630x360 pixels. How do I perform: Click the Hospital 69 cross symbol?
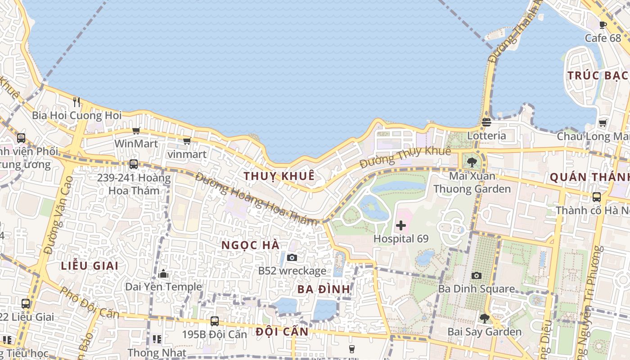pyautogui.click(x=400, y=225)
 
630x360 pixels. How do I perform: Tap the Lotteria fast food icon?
pyautogui.click(x=486, y=122)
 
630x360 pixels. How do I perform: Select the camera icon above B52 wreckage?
pyautogui.click(x=292, y=257)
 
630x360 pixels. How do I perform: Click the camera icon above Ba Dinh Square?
pyautogui.click(x=476, y=275)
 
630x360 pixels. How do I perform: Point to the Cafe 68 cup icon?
pyautogui.click(x=603, y=25)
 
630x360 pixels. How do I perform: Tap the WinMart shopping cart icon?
pyautogui.click(x=136, y=130)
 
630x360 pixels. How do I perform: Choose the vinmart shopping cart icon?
pyautogui.click(x=187, y=141)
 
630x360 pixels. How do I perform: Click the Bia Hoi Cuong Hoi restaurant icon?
pyautogui.click(x=76, y=102)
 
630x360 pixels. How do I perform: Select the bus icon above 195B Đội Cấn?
pyautogui.click(x=215, y=321)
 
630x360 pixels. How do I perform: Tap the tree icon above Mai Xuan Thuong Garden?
pyautogui.click(x=472, y=162)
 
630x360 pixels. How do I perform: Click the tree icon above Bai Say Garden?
pyautogui.click(x=484, y=319)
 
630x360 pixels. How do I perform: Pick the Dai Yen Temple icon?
pyautogui.click(x=163, y=274)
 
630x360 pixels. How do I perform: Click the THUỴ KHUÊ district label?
pyautogui.click(x=279, y=176)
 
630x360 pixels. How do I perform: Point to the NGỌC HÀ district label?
pyautogui.click(x=251, y=245)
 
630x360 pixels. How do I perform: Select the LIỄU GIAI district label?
pyautogui.click(x=90, y=265)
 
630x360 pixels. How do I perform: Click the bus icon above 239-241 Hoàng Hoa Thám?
pyautogui.click(x=133, y=164)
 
